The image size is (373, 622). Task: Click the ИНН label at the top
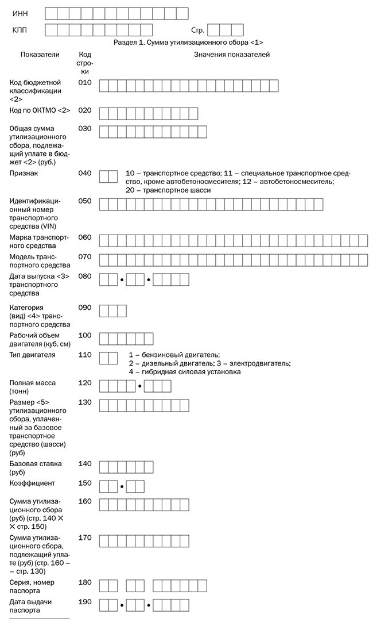coord(20,13)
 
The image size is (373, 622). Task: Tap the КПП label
coord(20,30)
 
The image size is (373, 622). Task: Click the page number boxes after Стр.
coord(226,30)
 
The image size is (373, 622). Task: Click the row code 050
coord(85,201)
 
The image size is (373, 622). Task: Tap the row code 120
coord(85,382)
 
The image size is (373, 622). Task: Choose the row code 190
coord(85,602)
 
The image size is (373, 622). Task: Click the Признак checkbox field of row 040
coord(108,176)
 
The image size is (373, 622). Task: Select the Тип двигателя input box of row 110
coord(108,358)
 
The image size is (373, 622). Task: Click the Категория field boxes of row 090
coord(113,311)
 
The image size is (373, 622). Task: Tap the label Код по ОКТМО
coord(40,110)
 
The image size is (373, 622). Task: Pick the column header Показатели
coord(40,55)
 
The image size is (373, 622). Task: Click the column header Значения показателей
coord(232,55)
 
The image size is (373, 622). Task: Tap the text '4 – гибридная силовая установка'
coord(184,372)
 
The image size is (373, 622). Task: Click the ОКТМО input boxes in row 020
coord(149,113)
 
